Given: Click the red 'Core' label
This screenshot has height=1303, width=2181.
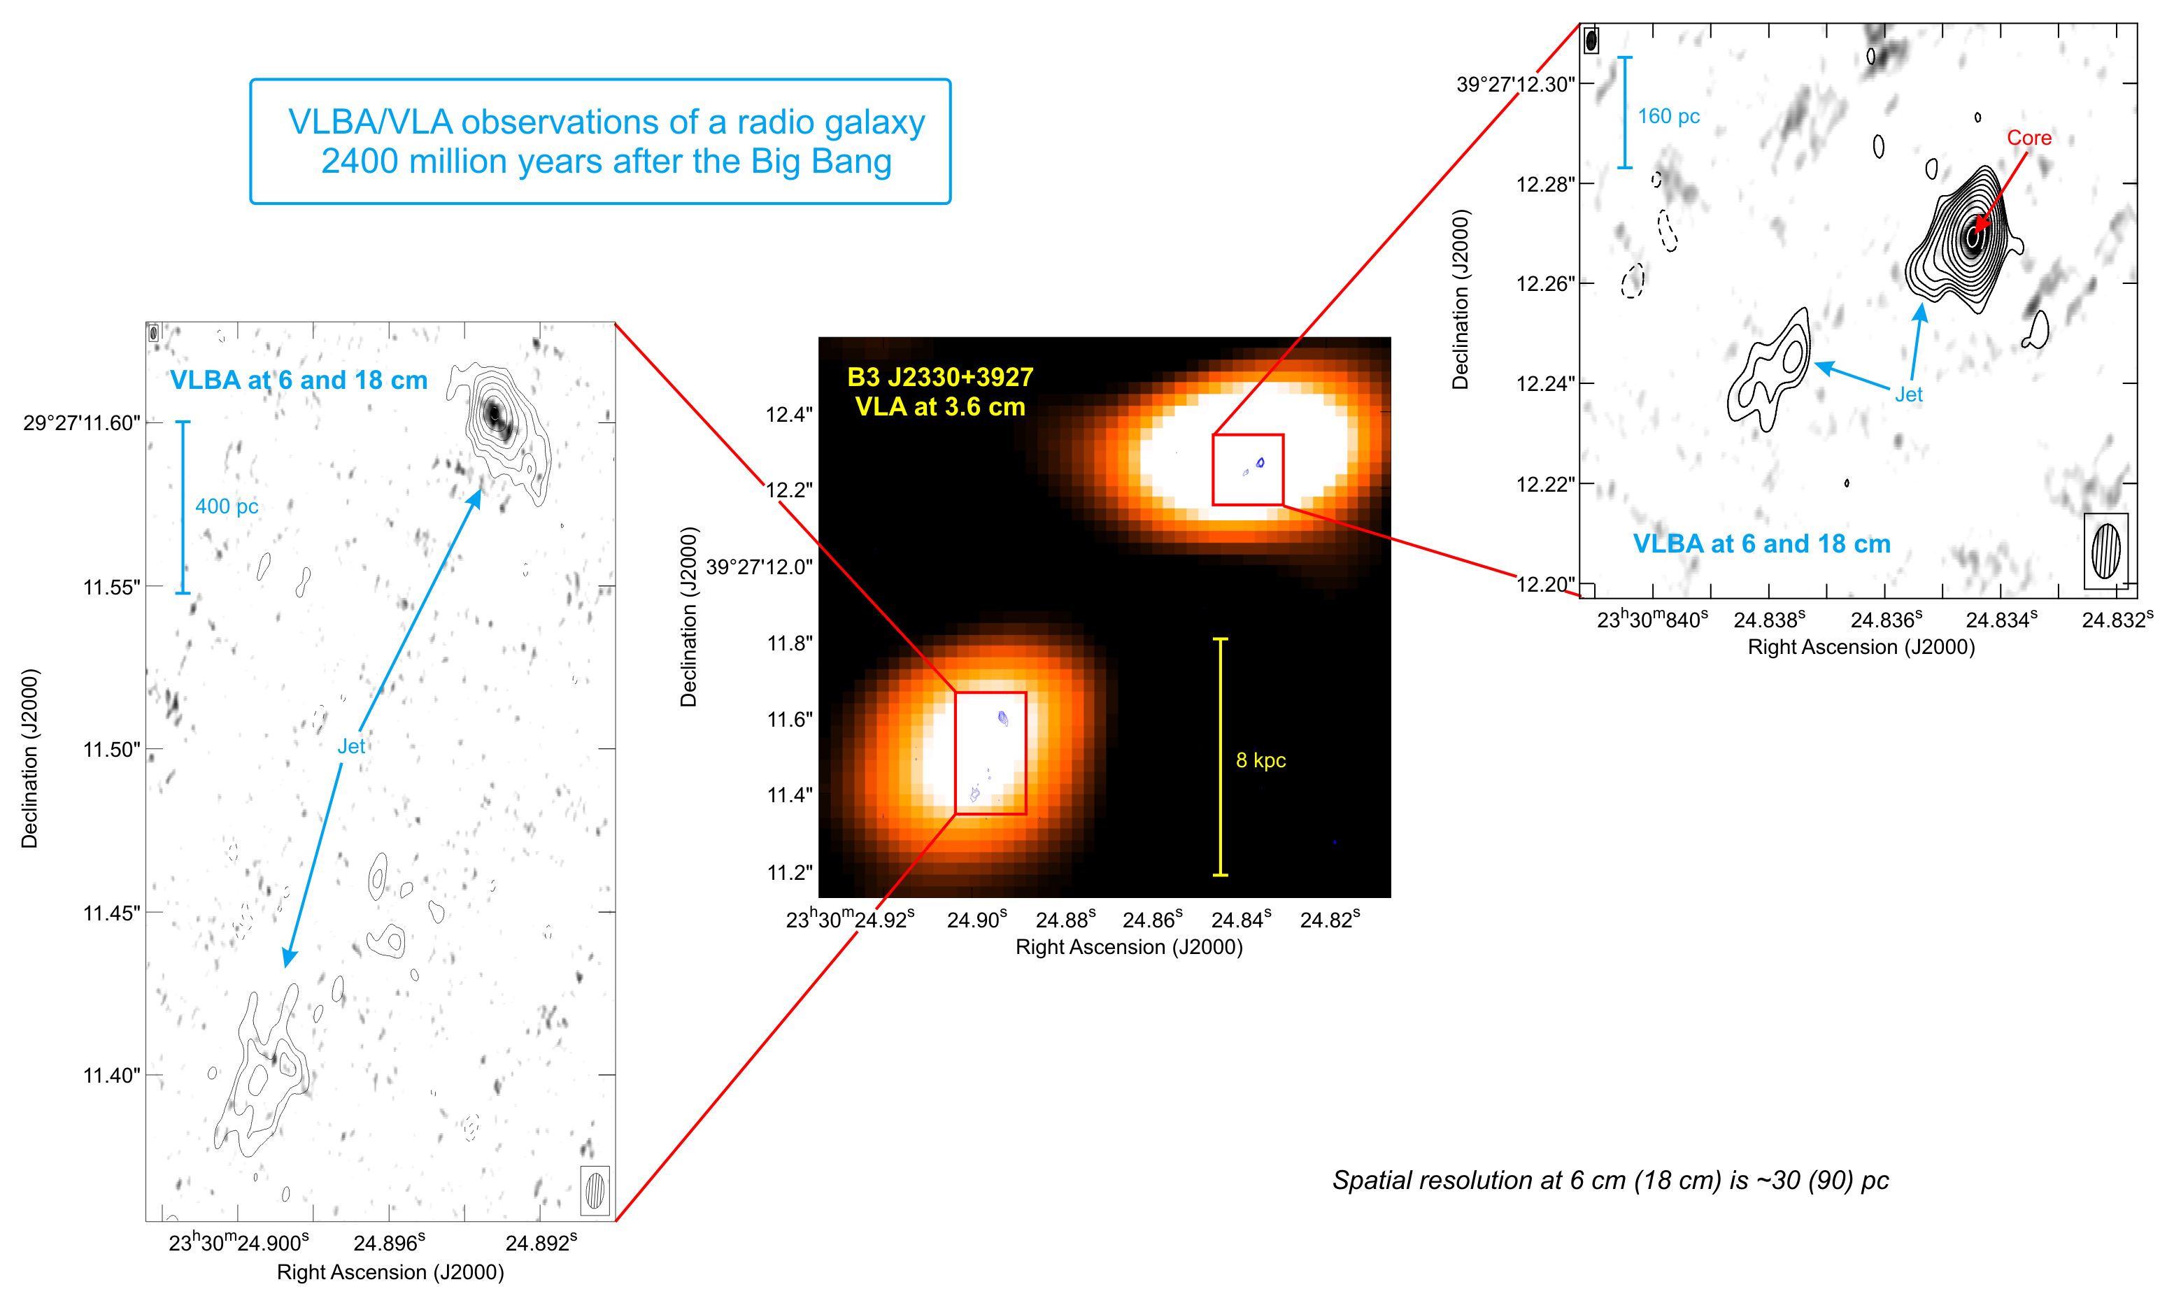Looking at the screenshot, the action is pyautogui.click(x=2029, y=138).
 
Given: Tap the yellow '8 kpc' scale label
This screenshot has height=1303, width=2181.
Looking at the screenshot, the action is pyautogui.click(x=1261, y=760).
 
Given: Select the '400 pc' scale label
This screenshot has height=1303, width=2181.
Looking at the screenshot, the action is pyautogui.click(x=227, y=506).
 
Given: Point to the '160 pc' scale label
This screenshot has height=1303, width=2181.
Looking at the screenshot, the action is pyautogui.click(x=1669, y=117).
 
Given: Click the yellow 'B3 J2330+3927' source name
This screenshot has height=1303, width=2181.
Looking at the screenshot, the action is pyautogui.click(x=940, y=378).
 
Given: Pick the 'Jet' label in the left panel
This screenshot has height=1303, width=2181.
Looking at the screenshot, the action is pyautogui.click(x=351, y=746).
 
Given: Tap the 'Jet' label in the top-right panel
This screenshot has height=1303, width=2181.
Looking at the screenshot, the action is pyautogui.click(x=1909, y=395).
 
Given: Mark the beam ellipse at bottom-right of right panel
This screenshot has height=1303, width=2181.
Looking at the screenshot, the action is pyautogui.click(x=2106, y=550).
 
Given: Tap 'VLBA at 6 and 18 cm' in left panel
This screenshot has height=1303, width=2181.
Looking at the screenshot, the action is pyautogui.click(x=299, y=380).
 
